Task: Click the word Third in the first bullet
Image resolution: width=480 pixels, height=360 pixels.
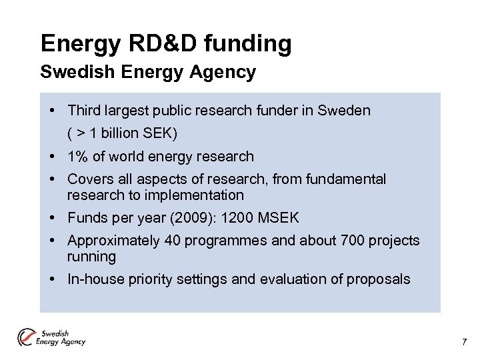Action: click(x=83, y=111)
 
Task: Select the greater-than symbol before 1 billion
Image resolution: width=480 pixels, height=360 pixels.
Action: click(x=80, y=133)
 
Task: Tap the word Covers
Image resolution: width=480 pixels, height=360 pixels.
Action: click(x=91, y=179)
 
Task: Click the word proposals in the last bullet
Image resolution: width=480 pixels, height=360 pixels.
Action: click(x=379, y=279)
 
